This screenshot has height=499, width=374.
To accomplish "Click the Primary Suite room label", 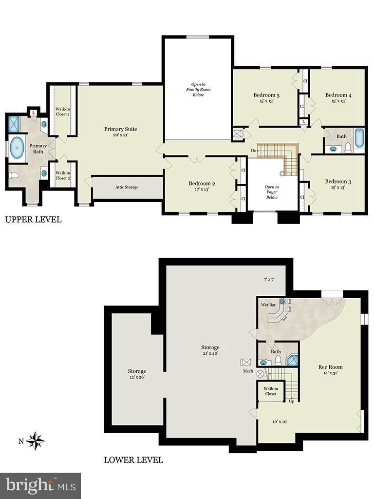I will point(120,129).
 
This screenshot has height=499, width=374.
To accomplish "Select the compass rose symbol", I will point(36,441).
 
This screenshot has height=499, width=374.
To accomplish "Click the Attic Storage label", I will point(127,187).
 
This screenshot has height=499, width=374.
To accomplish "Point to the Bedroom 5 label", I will point(266,95).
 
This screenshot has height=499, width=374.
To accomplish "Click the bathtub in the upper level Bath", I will point(359,138).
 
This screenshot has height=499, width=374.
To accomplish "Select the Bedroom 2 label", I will point(202,184).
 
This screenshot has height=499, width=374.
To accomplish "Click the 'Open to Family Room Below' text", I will point(198,90).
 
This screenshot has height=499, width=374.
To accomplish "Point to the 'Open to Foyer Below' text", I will point(272,192).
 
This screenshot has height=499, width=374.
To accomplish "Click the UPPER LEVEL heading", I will point(33,220).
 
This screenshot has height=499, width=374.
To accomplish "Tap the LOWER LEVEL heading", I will point(133,460).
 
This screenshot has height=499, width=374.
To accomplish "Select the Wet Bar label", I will point(268,305).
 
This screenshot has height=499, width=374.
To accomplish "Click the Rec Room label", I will point(331,367).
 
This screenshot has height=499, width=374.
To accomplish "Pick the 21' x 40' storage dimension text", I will point(210,353).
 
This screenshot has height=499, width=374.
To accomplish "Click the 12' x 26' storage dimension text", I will point(137,377).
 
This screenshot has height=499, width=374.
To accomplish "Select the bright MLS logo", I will point(40,485).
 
